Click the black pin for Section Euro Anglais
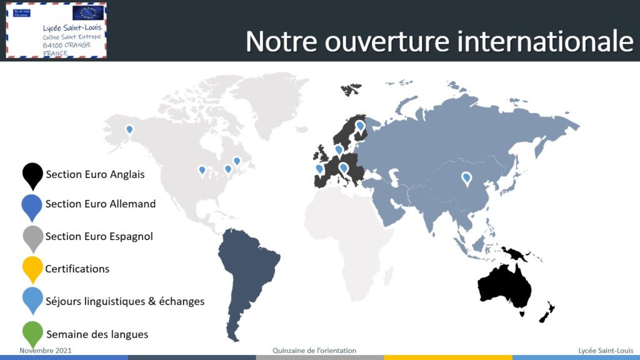point(32,175)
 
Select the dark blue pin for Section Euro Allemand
point(32,206)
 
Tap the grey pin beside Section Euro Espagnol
point(32,238)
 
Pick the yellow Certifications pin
point(32,269)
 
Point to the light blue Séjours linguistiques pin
point(32,299)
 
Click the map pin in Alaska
point(129,130)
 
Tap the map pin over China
point(466,178)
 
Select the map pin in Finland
point(360,126)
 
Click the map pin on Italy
point(344,168)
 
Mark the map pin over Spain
point(319,169)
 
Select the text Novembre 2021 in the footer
point(45,350)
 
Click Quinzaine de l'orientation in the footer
point(314,350)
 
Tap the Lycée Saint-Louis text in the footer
point(606,350)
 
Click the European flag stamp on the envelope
point(87,12)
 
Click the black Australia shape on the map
point(505,287)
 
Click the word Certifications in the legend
point(77,269)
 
